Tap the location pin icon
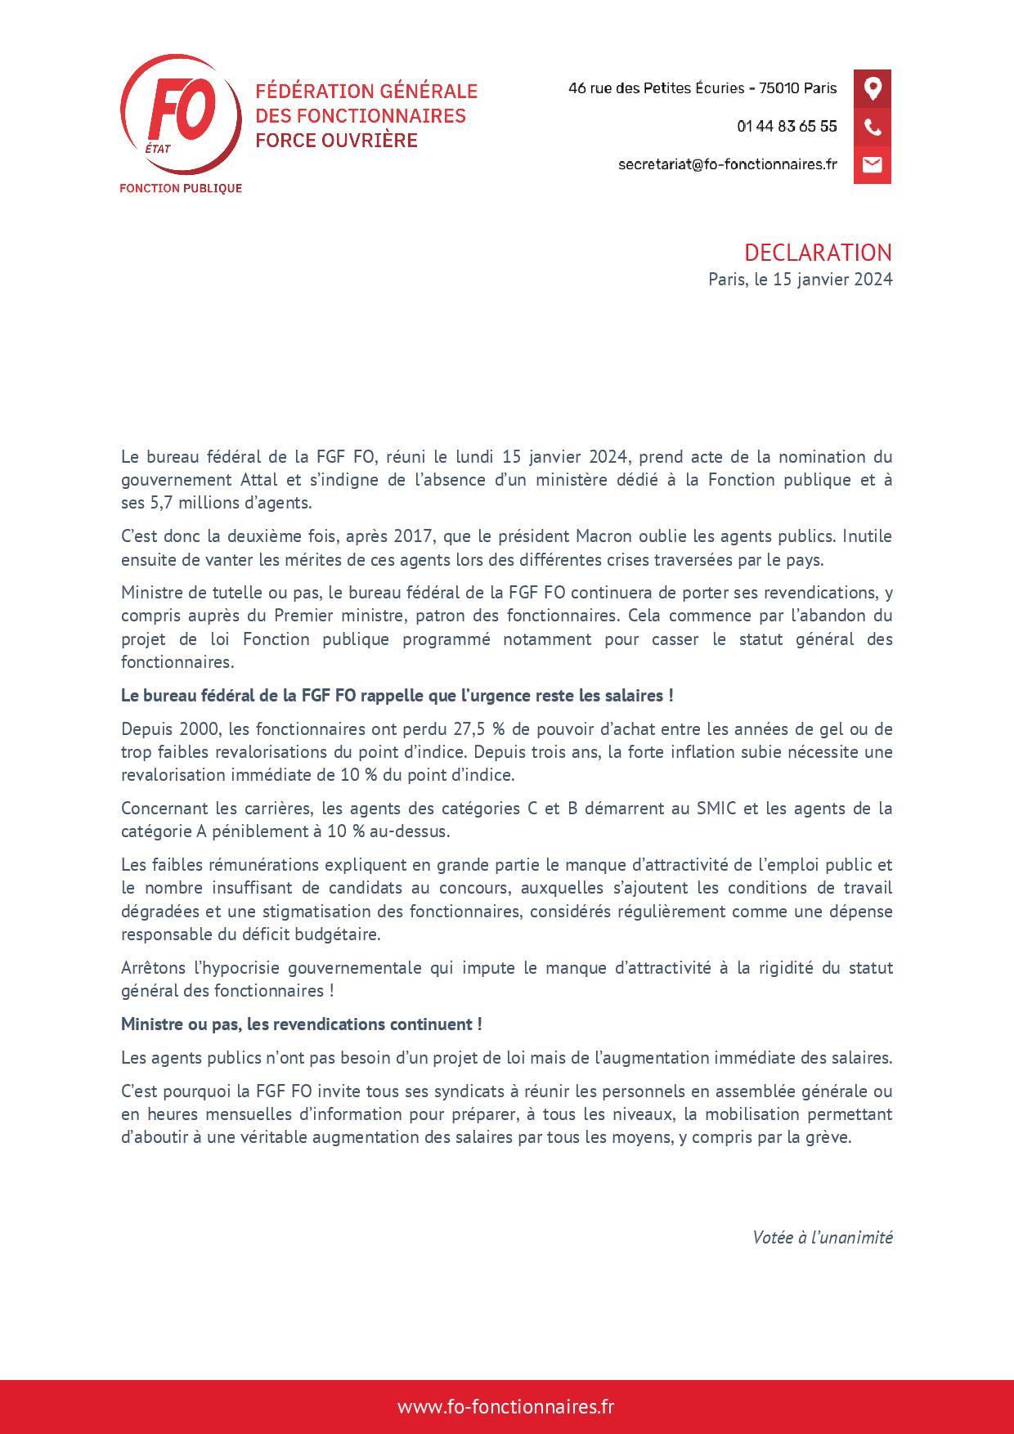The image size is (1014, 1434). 873,88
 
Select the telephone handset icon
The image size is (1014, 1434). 873,127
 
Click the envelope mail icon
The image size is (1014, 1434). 873,164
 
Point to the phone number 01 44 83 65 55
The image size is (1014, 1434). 787,127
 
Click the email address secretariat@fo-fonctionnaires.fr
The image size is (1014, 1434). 727,164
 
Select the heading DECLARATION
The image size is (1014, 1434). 818,252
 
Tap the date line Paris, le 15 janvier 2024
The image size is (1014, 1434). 800,279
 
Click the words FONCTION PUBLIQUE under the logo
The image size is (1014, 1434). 181,188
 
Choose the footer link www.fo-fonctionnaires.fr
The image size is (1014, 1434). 506,1407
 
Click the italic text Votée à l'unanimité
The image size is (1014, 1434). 822,1237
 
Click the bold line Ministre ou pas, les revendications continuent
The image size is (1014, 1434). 301,1024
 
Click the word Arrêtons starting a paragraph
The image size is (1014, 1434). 153,968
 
